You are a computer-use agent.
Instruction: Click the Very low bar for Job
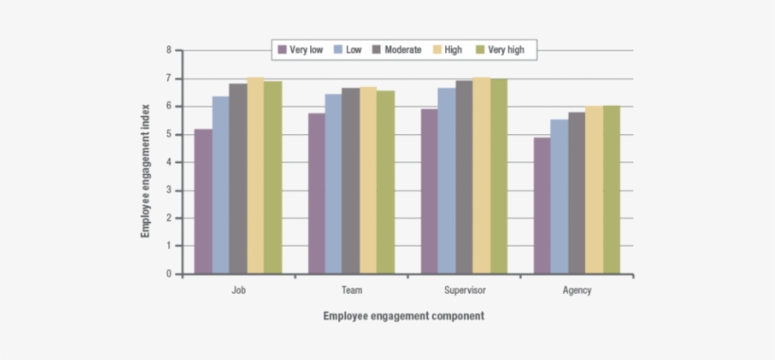click(203, 201)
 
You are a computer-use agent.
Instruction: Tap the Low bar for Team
click(334, 184)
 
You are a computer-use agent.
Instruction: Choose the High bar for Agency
click(594, 190)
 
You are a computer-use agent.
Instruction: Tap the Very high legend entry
click(506, 48)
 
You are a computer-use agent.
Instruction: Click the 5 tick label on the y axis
click(168, 134)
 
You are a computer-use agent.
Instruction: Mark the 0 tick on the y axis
click(168, 274)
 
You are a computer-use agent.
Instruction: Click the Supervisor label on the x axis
click(464, 290)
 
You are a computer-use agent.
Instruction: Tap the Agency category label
click(577, 290)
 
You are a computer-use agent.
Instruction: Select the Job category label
click(238, 290)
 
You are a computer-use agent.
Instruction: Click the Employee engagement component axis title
click(404, 316)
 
